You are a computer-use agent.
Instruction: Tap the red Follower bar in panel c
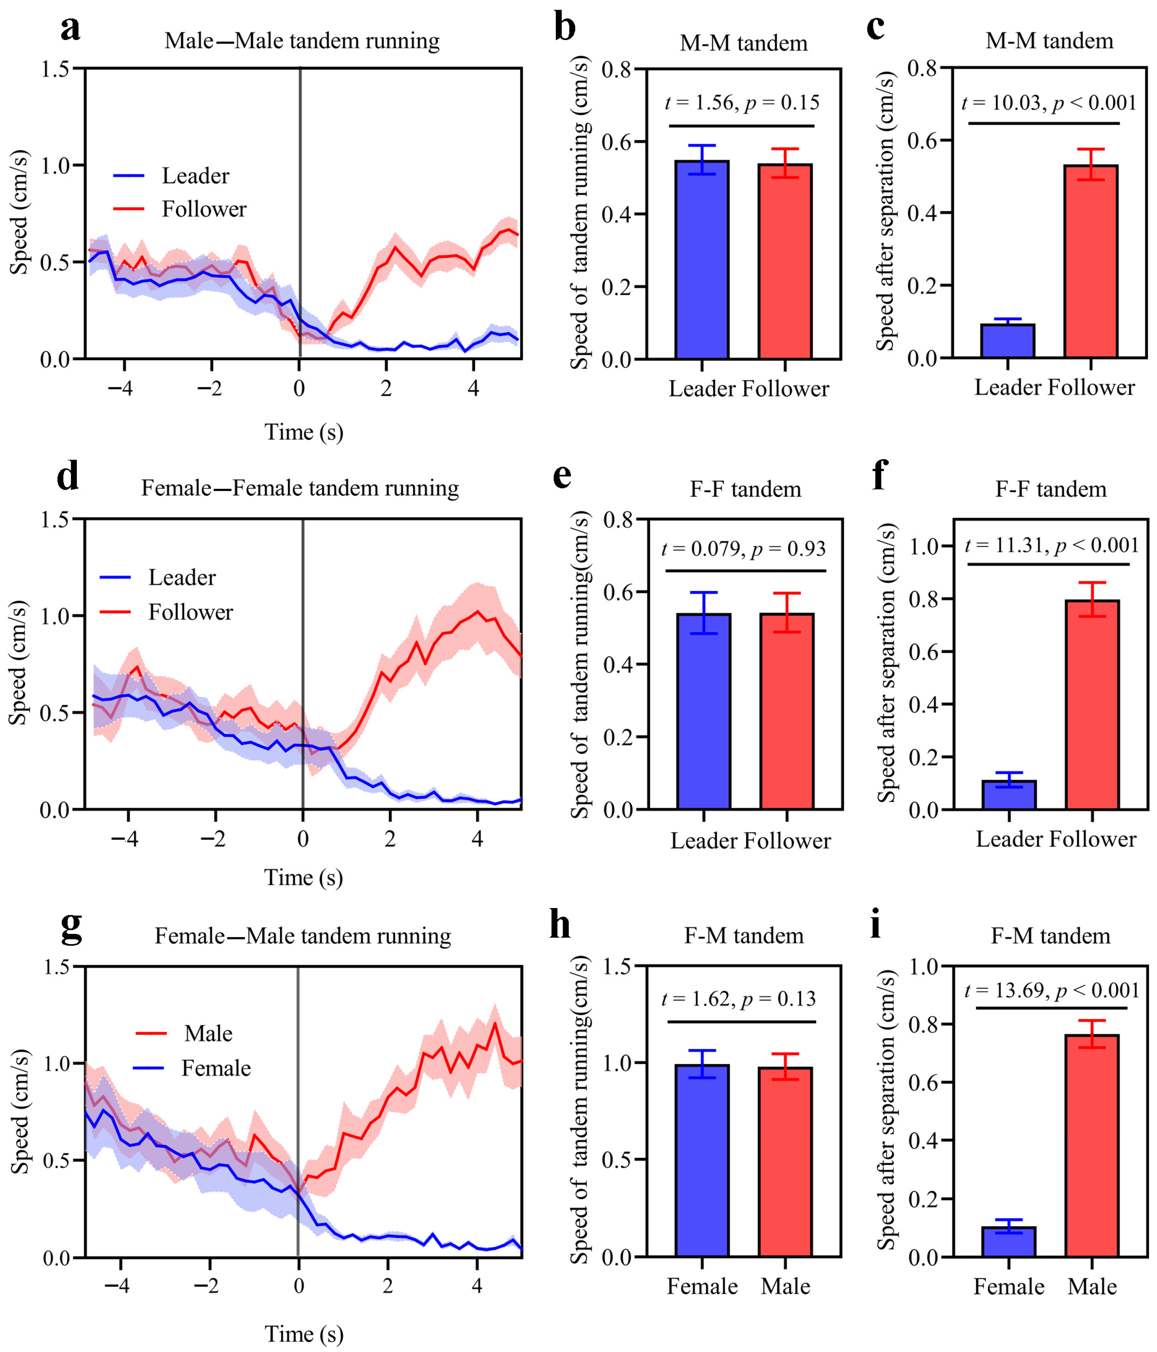[x=1090, y=261]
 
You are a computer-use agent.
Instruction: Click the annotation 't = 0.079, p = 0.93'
[x=744, y=549]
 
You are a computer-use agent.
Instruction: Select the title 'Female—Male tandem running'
[x=302, y=936]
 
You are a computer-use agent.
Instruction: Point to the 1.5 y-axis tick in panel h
[x=617, y=966]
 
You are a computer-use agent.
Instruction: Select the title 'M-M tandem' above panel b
[x=743, y=43]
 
